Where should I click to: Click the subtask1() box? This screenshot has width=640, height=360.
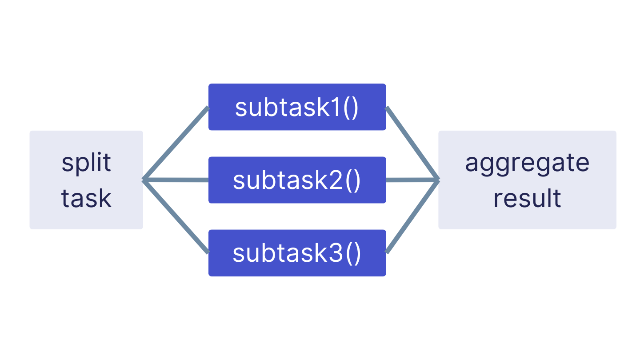[297, 107]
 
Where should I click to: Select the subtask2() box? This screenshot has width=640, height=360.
[297, 180]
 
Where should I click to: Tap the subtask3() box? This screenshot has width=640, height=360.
[297, 253]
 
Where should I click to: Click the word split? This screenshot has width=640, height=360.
[86, 163]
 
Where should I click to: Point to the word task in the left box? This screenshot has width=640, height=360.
[86, 198]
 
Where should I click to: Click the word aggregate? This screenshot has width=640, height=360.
[527, 163]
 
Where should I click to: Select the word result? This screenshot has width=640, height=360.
[527, 198]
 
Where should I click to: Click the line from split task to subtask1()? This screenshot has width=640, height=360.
[176, 143]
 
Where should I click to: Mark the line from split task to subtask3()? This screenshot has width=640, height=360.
[176, 217]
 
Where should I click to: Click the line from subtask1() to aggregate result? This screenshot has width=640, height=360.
[412, 143]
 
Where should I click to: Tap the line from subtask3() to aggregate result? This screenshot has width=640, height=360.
[412, 217]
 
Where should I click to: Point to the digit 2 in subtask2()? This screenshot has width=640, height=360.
[336, 180]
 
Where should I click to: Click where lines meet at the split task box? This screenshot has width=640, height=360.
[144, 180]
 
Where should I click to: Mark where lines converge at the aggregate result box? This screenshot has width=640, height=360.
[438, 180]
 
